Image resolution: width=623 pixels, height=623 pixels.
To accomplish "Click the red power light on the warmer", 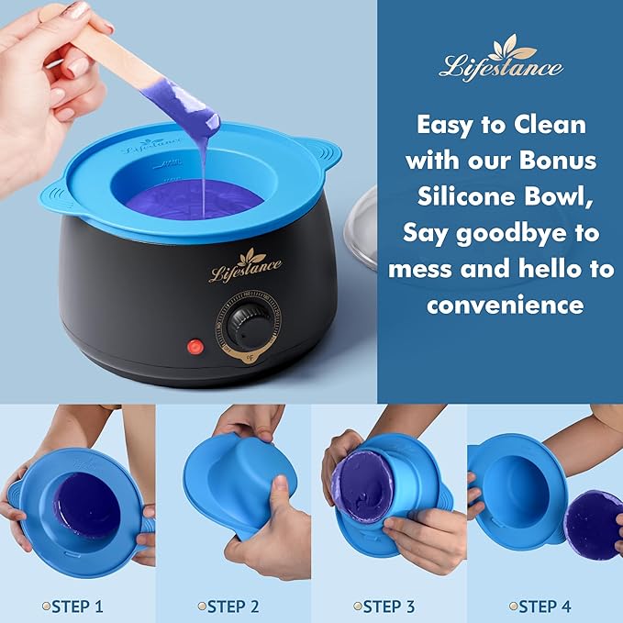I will pos(195,347).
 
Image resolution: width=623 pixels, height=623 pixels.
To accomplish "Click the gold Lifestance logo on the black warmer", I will pos(245,266).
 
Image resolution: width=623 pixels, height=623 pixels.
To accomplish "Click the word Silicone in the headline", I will pos(475,195).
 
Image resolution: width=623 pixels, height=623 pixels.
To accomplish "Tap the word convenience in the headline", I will pos(505,304).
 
